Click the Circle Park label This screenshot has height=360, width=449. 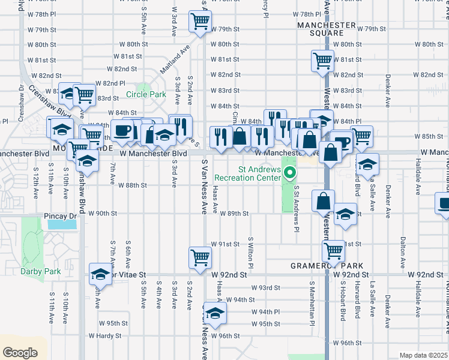click(x=146, y=94)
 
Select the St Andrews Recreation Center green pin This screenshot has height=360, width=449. click(x=290, y=175)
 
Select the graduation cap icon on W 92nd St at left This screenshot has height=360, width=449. click(x=100, y=275)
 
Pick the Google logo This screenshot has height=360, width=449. click(x=20, y=352)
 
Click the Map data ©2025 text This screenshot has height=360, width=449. click(x=423, y=355)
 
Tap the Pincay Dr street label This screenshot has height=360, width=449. click(x=59, y=215)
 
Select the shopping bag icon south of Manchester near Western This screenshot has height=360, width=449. click(x=323, y=200)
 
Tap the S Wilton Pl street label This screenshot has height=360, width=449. click(x=250, y=252)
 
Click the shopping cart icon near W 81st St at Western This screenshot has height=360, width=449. click(x=322, y=60)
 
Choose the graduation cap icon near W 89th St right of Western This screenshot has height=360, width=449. click(x=345, y=215)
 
